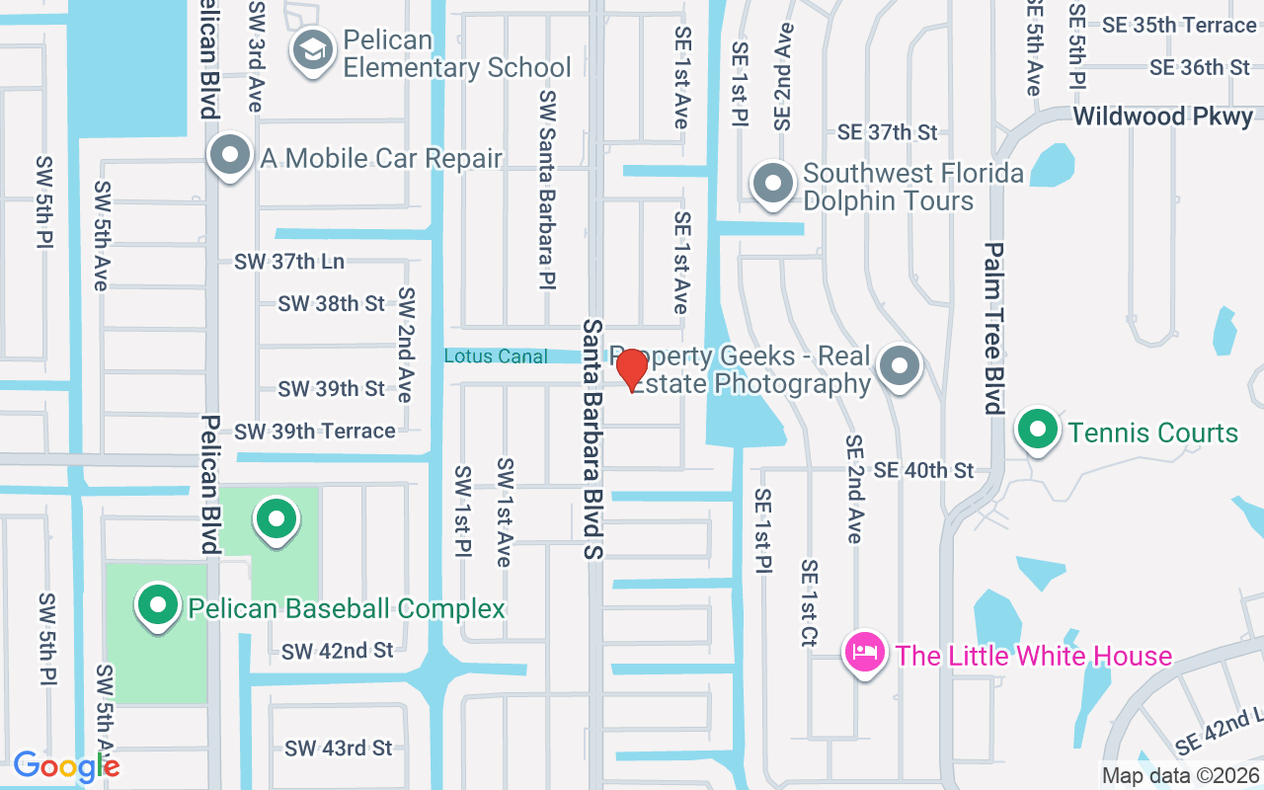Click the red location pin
(632, 369)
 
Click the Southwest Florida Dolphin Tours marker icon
(773, 184)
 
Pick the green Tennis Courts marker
(1038, 431)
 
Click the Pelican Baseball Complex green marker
(156, 606)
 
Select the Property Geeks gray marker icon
(900, 366)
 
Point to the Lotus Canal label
(496, 355)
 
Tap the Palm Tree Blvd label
(993, 328)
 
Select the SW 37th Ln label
(289, 262)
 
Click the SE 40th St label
(923, 470)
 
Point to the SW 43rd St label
(339, 748)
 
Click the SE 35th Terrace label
(1179, 26)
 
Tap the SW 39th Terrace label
(315, 431)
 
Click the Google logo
(66, 766)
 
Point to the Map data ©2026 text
(1180, 776)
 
